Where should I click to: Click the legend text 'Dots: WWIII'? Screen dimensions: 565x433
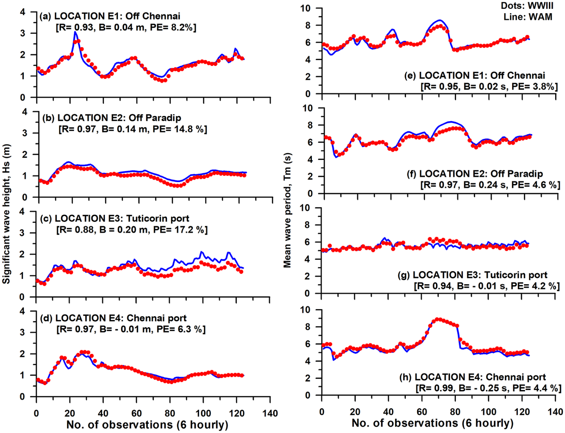[527, 6]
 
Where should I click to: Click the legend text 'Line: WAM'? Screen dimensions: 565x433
[528, 17]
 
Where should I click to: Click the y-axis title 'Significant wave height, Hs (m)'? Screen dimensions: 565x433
[7, 214]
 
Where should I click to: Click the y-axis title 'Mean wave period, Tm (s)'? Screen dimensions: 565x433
[288, 210]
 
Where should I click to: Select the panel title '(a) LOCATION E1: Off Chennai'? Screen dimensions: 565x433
[110, 16]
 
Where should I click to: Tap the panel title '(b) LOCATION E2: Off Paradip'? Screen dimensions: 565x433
[112, 118]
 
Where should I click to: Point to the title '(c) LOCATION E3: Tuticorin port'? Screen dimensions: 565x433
[114, 218]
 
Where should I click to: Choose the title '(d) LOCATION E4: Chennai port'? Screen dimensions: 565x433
[113, 318]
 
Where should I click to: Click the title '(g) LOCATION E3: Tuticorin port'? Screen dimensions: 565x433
[472, 275]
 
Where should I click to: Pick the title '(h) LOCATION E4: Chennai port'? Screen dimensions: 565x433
[473, 377]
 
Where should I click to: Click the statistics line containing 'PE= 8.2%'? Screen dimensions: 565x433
[126, 27]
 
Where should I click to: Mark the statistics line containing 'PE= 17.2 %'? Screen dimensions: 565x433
[132, 230]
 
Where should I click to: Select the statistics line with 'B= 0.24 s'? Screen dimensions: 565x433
[490, 185]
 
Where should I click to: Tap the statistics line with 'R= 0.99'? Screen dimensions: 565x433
[488, 388]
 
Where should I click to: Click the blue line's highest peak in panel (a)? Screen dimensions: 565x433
[75, 32]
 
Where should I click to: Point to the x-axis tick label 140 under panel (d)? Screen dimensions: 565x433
[270, 413]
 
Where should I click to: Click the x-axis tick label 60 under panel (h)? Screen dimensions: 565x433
[422, 412]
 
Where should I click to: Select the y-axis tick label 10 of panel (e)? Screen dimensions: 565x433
[305, 8]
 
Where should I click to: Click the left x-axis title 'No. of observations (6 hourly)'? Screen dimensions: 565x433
[147, 425]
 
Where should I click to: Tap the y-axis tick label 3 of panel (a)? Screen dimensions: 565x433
[22, 33]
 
